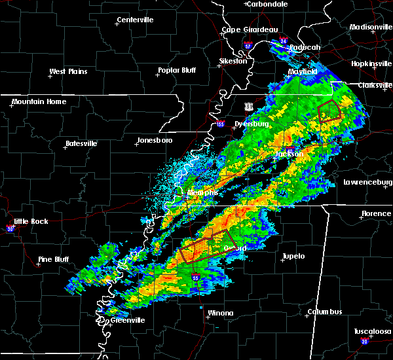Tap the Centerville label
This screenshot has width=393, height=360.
[x=136, y=20]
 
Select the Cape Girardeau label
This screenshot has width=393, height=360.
[x=250, y=29]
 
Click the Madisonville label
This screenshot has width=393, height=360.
[x=370, y=27]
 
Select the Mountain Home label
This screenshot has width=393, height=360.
[x=39, y=101]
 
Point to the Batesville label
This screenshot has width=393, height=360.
[x=81, y=143]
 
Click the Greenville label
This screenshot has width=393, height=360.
[x=127, y=320]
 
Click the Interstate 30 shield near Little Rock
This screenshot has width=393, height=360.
[x=10, y=229]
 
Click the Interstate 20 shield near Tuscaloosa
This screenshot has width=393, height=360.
[x=364, y=342]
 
